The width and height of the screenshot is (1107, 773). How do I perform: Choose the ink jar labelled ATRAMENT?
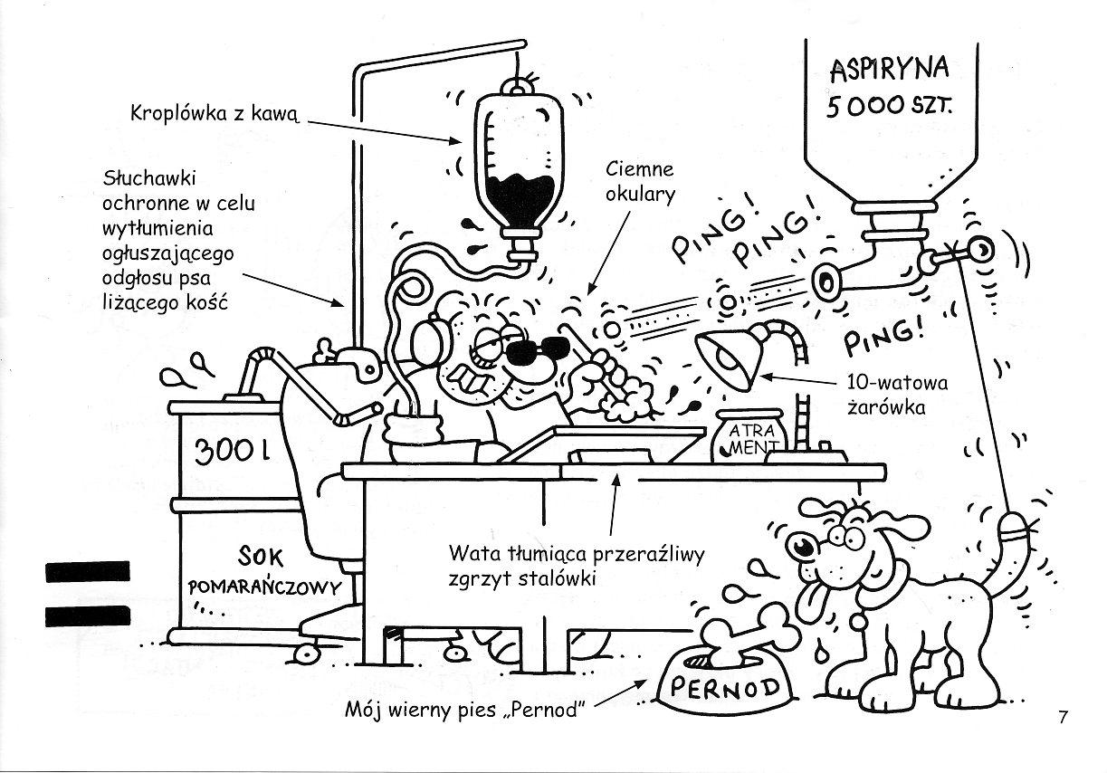(747, 435)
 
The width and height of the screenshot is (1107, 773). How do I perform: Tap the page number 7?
(1064, 718)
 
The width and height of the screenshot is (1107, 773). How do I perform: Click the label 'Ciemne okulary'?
(640, 180)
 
